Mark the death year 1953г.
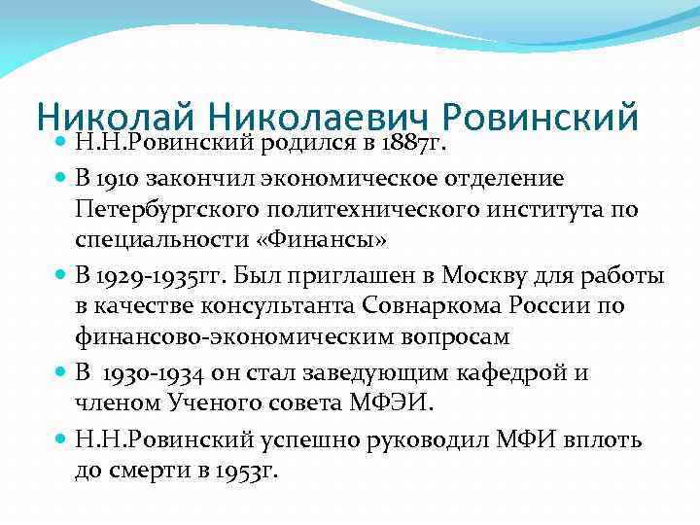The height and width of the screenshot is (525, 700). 247,471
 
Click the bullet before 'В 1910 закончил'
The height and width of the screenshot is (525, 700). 61,179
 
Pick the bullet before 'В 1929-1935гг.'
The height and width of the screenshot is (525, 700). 61,276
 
